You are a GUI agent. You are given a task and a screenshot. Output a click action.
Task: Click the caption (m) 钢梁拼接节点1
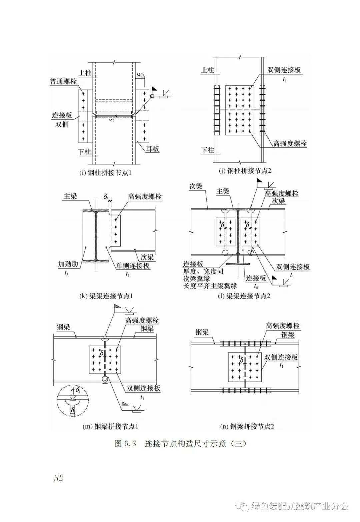[110, 426]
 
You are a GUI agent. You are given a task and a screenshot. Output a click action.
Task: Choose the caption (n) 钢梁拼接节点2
[247, 426]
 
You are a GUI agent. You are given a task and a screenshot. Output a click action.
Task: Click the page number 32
[59, 478]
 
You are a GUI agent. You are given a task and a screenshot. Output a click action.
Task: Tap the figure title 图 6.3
[125, 444]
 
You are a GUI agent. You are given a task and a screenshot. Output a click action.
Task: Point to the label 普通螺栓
[63, 81]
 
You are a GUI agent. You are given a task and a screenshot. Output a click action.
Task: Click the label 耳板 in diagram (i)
[153, 149]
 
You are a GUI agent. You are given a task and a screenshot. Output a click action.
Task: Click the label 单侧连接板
[133, 266]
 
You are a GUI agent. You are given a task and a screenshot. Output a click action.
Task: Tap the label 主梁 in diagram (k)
[70, 196]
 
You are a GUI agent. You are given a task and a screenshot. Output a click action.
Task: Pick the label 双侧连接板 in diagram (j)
[284, 70]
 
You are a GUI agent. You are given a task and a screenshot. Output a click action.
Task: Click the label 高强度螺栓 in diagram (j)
[290, 144]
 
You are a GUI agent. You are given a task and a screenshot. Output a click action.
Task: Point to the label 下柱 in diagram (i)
[85, 152]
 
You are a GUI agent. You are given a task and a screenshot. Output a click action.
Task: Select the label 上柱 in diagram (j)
[207, 70]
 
